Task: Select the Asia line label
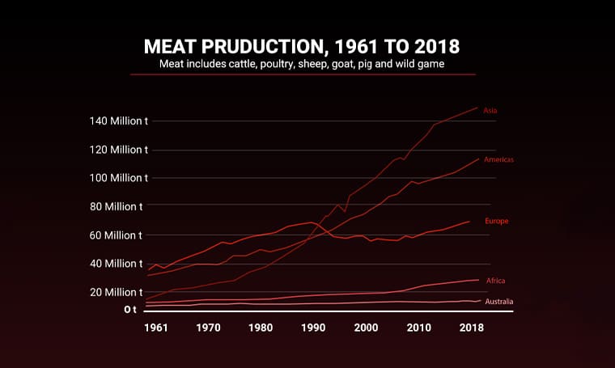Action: click(x=490, y=110)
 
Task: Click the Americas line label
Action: click(x=498, y=160)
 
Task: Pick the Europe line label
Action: click(x=496, y=221)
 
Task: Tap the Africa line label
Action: click(x=496, y=281)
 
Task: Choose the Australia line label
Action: click(x=499, y=302)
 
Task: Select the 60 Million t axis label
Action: click(x=120, y=235)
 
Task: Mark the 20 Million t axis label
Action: click(x=120, y=292)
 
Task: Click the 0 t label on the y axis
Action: click(x=130, y=309)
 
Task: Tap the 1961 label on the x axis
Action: click(x=156, y=328)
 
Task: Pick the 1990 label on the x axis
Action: click(x=313, y=328)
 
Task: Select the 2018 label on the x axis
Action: click(x=470, y=328)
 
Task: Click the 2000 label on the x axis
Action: click(x=366, y=328)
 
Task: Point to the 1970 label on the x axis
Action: click(x=208, y=328)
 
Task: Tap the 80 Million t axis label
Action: click(x=120, y=206)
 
